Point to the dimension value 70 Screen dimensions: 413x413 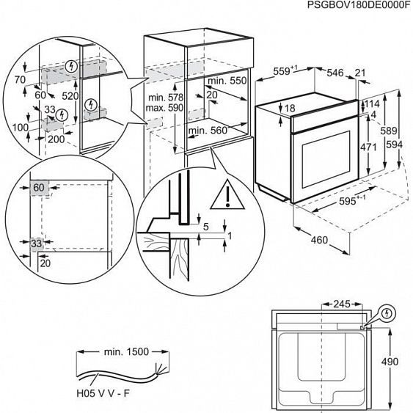pyautogui.click(x=19, y=80)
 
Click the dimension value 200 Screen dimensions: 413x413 pyautogui.click(x=55, y=138)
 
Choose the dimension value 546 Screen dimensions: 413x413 pyautogui.click(x=335, y=73)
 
